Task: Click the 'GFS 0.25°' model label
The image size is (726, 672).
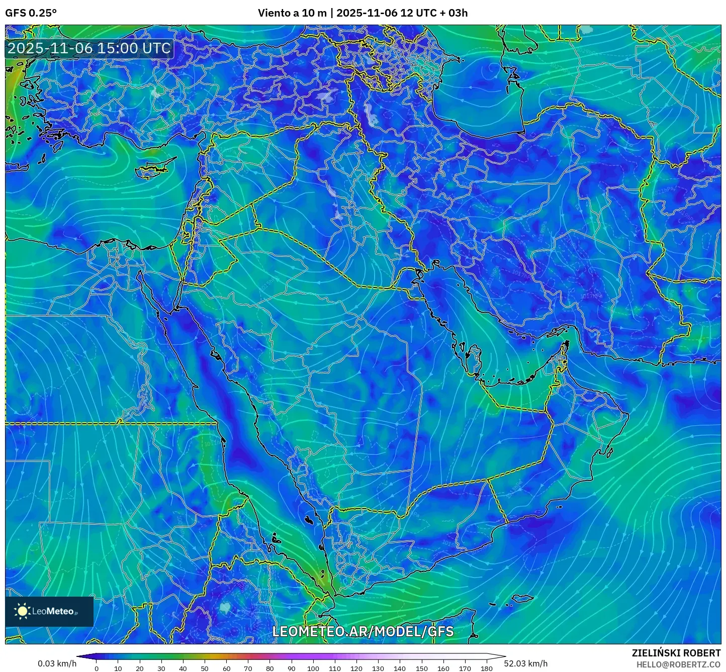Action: click(31, 13)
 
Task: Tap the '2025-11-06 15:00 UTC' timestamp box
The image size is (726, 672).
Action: click(89, 48)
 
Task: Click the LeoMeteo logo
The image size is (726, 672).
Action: click(49, 611)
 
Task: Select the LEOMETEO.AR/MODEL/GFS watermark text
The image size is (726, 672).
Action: click(362, 631)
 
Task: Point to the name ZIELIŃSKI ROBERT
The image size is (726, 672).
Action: click(676, 653)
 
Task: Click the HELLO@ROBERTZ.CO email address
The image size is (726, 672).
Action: click(678, 664)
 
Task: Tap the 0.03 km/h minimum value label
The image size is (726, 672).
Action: click(57, 663)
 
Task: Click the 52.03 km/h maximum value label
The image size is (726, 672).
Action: click(526, 663)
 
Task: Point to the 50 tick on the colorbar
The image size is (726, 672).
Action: click(205, 668)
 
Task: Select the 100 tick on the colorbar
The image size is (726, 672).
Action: click(313, 668)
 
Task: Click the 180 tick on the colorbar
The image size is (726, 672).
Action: click(486, 668)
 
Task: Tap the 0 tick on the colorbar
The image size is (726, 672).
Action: click(97, 668)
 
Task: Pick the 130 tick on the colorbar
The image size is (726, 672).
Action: click(378, 668)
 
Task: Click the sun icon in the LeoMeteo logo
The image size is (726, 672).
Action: click(23, 611)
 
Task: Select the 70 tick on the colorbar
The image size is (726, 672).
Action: click(248, 668)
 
